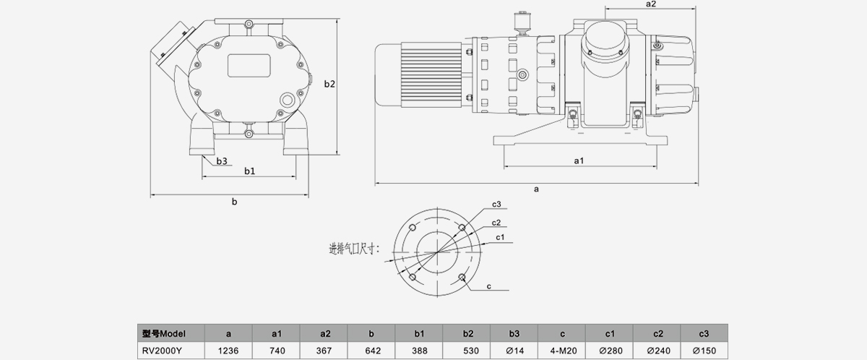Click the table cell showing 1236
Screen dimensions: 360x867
[228, 350]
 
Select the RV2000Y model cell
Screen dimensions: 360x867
[163, 350]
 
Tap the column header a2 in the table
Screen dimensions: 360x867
[324, 333]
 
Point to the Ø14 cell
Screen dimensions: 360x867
[514, 350]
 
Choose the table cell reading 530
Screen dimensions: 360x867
[467, 350]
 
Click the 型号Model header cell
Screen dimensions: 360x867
[163, 333]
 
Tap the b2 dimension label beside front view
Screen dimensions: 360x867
[329, 85]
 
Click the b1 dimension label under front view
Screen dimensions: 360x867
[249, 171]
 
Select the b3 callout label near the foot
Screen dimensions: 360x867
[223, 160]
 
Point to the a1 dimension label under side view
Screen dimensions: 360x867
[579, 160]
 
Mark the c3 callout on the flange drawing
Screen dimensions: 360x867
[496, 205]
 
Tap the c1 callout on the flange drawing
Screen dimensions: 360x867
[500, 237]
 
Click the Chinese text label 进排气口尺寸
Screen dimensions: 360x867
[353, 249]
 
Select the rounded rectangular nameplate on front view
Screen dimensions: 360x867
[249, 66]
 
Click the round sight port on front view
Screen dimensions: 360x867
[287, 100]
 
